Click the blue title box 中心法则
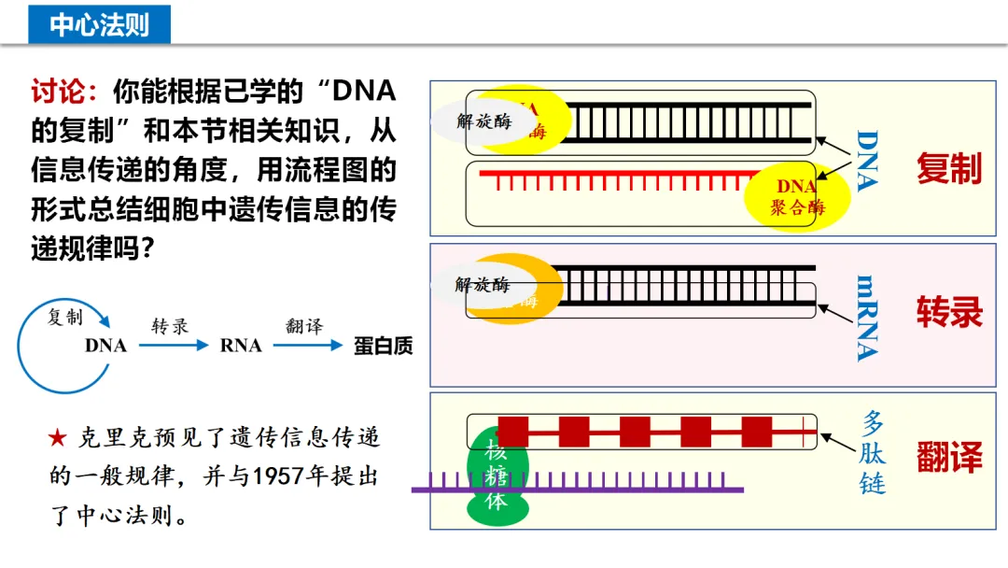[x=99, y=23]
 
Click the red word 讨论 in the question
[x=64, y=92]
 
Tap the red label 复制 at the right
[x=948, y=169]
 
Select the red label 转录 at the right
[x=948, y=312]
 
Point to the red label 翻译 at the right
[x=948, y=458]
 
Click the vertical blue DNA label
[x=867, y=161]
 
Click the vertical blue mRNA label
[x=867, y=318]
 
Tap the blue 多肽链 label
[x=874, y=452]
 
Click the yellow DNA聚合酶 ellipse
[x=798, y=197]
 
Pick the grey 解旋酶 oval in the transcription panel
[x=481, y=284]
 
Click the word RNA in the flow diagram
[x=241, y=346]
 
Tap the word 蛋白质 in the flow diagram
[x=383, y=346]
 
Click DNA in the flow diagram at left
[x=105, y=346]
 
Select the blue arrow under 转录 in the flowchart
[x=174, y=345]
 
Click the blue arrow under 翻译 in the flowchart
[x=308, y=345]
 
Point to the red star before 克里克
[x=58, y=437]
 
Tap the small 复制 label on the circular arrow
[x=65, y=317]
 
